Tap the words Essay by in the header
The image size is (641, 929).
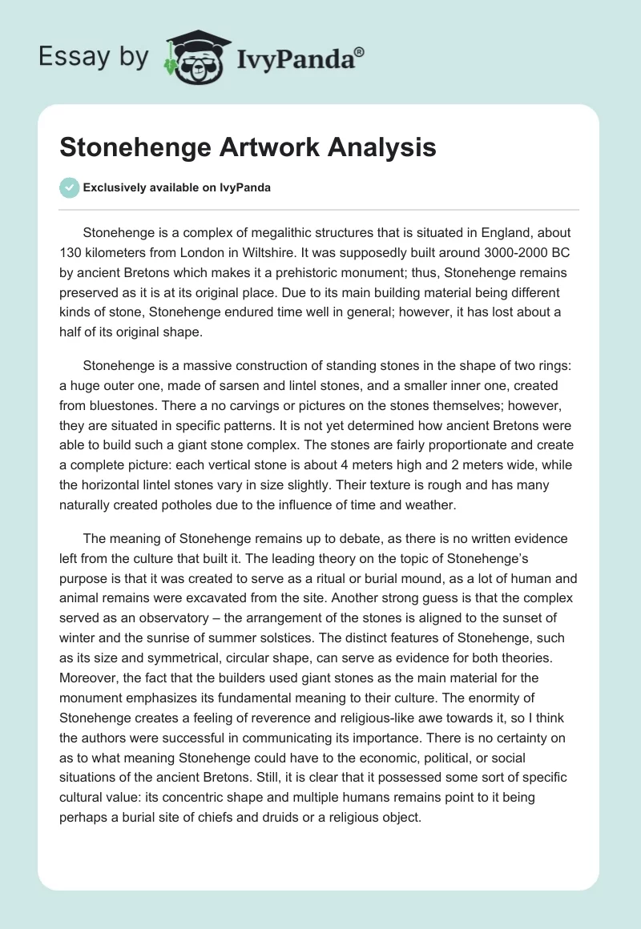pos(94,57)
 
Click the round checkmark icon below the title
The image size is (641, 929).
pos(70,187)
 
